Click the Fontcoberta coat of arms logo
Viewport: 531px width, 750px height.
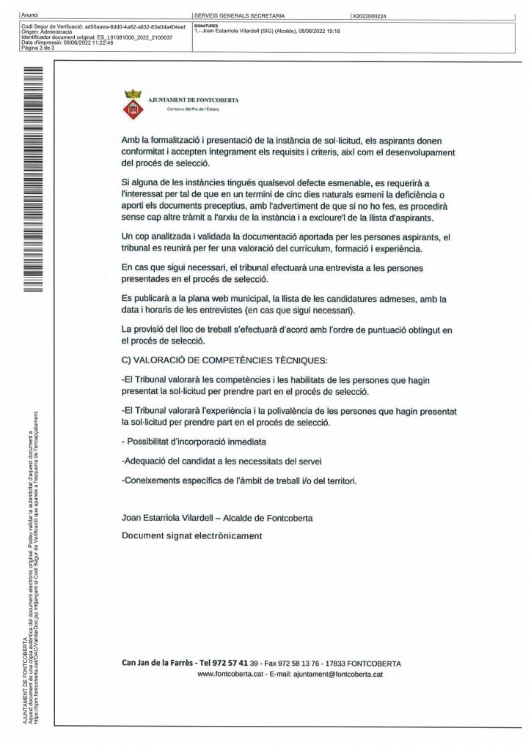point(133,103)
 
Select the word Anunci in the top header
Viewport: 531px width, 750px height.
point(31,15)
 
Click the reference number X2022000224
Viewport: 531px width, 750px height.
point(370,15)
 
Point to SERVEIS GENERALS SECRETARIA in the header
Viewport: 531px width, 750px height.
point(239,15)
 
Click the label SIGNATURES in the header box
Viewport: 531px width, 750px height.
point(206,26)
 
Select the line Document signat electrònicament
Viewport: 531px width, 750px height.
point(191,536)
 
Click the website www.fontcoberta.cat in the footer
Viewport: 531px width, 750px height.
point(230,674)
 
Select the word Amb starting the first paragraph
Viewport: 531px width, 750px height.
point(130,139)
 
